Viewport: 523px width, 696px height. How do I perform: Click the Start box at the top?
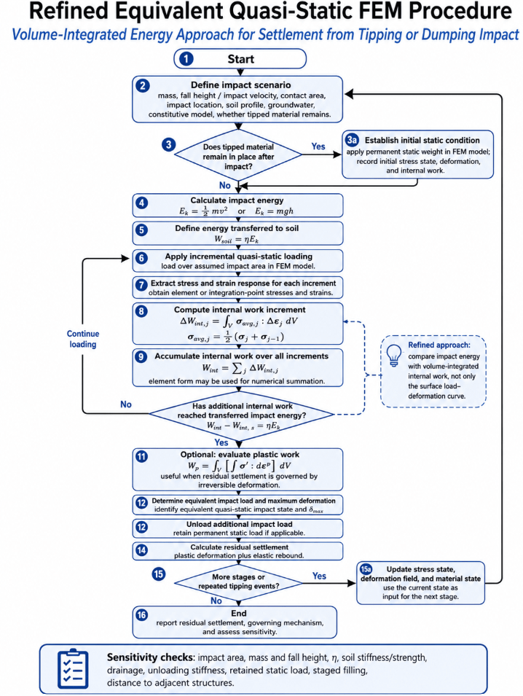click(240, 58)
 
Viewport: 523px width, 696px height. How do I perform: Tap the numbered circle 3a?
click(353, 140)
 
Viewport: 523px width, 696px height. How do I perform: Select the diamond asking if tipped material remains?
click(238, 155)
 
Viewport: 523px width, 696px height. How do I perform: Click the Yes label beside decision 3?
click(318, 146)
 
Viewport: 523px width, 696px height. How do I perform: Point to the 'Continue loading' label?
click(83, 339)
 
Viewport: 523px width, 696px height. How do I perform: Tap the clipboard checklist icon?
click(73, 669)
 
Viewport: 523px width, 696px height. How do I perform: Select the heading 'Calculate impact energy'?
click(237, 200)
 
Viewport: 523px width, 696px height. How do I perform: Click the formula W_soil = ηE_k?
click(237, 239)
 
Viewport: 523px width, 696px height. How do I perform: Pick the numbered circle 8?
click(141, 310)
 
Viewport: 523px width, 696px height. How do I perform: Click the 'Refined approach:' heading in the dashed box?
click(439, 345)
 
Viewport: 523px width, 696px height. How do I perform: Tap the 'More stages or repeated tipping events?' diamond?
click(238, 582)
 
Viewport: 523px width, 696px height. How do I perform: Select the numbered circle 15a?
click(366, 569)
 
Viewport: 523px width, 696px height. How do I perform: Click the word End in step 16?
click(239, 613)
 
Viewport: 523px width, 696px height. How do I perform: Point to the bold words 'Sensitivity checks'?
click(150, 657)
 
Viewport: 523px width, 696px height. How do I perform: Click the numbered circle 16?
click(141, 615)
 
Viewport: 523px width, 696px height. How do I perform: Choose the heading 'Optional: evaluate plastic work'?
click(240, 455)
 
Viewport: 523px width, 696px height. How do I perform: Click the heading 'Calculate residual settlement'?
click(239, 547)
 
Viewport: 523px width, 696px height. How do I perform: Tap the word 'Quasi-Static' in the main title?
click(277, 11)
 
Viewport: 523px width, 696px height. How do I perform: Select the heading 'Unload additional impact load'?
click(239, 524)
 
